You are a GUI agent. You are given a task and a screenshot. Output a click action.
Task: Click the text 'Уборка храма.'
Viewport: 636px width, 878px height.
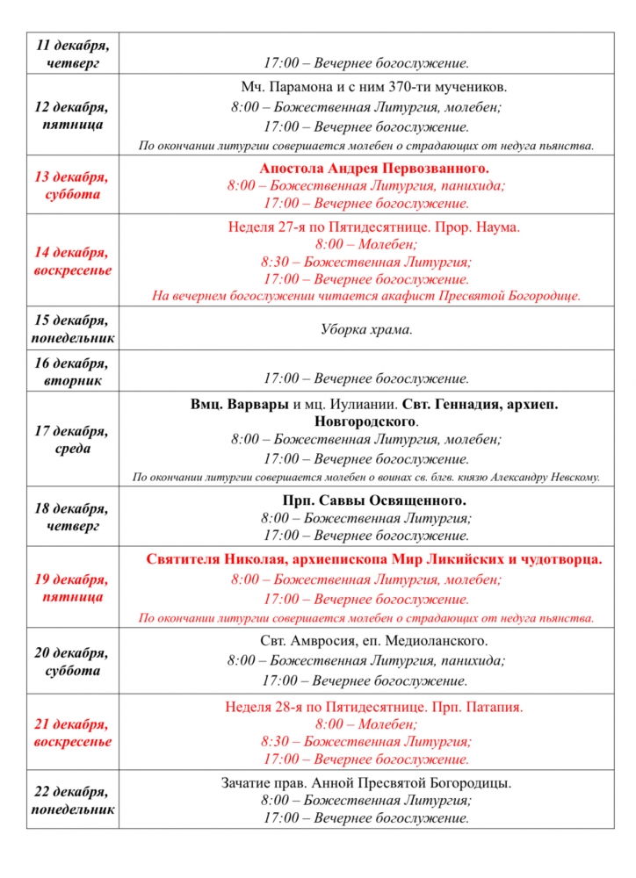coord(366,330)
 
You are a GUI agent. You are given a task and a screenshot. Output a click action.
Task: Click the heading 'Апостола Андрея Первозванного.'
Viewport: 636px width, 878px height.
coord(374,168)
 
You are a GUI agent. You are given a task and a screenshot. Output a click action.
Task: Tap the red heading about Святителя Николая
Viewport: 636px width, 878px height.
coord(374,558)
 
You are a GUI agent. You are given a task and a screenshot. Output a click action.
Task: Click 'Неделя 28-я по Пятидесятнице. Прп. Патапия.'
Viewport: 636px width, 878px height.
coord(374,707)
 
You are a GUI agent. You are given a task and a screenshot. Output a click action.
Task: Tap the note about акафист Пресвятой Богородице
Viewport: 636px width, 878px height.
coord(366,296)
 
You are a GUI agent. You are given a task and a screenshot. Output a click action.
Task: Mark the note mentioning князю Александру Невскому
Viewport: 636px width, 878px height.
coord(366,478)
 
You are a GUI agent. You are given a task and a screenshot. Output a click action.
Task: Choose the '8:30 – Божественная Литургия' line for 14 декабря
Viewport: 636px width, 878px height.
coord(366,262)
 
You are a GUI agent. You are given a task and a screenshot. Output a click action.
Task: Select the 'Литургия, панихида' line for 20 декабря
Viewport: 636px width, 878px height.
coord(366,660)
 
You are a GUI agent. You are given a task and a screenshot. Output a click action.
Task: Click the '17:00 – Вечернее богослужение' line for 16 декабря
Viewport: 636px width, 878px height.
coord(366,379)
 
